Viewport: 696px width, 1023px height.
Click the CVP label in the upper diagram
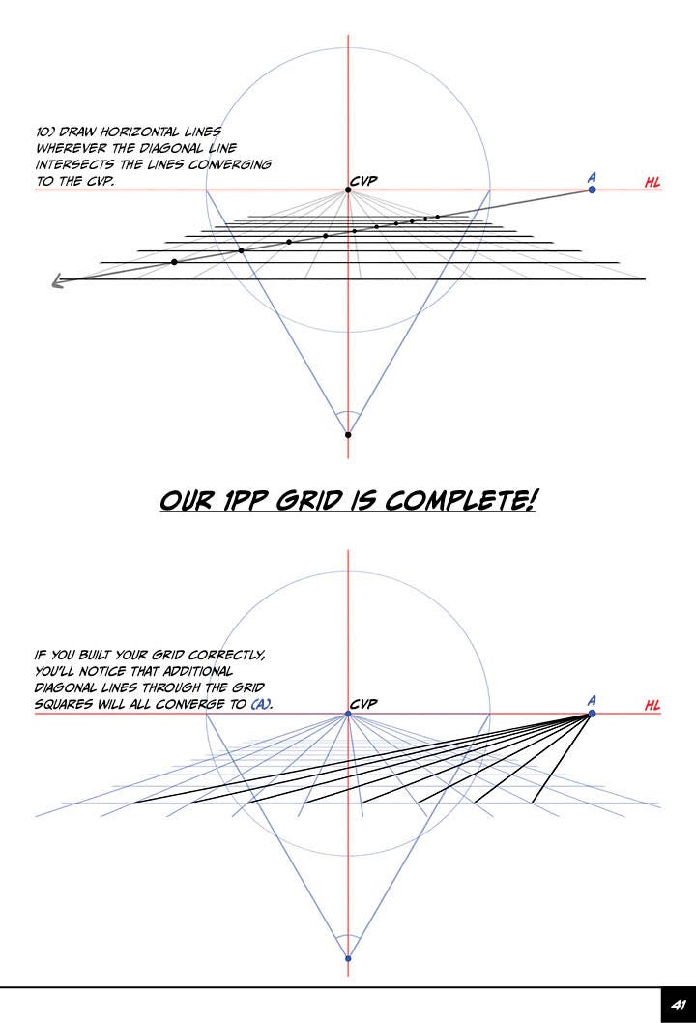(363, 180)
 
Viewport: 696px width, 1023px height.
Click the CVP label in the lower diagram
(363, 704)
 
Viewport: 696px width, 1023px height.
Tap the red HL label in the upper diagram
(653, 183)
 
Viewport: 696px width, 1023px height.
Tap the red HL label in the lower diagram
(653, 706)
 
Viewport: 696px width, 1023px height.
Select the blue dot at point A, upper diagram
(592, 190)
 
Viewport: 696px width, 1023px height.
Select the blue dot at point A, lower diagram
(592, 714)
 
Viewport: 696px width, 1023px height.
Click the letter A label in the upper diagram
(591, 177)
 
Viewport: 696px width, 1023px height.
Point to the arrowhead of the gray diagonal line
(57, 282)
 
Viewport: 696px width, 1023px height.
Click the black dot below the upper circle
(348, 435)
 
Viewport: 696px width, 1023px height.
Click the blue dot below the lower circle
(348, 958)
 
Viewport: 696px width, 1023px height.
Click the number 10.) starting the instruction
(45, 132)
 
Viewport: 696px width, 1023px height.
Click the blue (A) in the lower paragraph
(261, 705)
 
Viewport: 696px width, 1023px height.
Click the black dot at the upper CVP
(348, 190)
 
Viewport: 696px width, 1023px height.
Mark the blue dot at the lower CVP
(348, 715)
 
